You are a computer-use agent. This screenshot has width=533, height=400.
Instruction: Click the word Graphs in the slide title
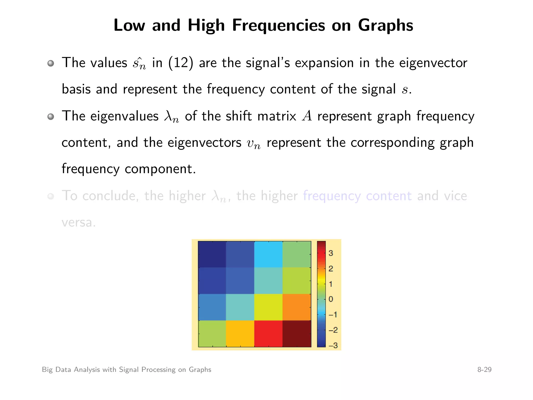coord(385,26)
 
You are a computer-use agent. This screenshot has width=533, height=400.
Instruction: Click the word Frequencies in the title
coord(278,26)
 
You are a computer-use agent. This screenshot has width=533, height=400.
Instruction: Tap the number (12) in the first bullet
coord(181,63)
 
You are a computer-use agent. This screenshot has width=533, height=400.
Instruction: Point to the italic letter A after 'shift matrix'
coord(307,116)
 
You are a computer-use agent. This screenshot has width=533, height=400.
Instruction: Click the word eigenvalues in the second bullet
coord(124,116)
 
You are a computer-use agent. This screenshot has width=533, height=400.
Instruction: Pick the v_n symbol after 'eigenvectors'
coord(253,143)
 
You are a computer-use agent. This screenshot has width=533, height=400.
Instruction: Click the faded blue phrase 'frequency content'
coord(357,196)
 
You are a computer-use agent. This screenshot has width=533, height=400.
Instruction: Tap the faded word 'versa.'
coord(79,223)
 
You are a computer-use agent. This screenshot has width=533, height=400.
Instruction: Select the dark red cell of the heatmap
coord(297,334)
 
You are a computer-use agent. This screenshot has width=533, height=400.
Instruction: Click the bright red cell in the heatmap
coord(268,334)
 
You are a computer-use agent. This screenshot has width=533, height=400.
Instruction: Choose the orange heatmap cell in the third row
coord(297,307)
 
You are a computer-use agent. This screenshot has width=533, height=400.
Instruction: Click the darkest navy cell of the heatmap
coord(212,254)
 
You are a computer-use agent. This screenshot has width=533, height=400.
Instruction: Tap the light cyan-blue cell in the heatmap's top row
coord(268,254)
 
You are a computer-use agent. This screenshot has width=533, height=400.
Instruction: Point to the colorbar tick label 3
coord(331,253)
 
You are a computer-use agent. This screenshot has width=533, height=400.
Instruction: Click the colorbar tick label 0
coord(331,299)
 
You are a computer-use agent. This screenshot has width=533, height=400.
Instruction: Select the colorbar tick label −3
coord(333,345)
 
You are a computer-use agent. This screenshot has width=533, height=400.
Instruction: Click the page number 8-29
coord(484,370)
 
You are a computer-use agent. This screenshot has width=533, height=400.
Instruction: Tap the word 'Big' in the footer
coord(47,370)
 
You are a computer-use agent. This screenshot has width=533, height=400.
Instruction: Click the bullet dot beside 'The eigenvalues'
coord(51,116)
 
